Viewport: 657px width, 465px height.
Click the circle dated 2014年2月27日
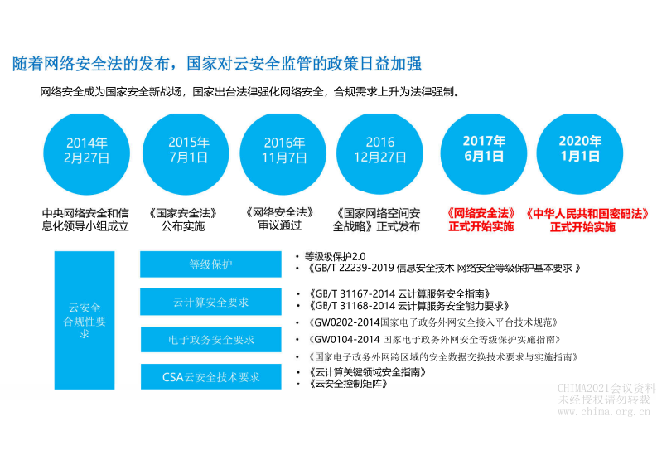(86, 150)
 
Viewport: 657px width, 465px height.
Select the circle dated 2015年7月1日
(187, 150)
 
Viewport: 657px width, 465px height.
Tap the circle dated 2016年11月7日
(283, 150)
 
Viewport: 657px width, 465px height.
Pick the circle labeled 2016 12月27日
(379, 150)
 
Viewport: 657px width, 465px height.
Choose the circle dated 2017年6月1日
(484, 150)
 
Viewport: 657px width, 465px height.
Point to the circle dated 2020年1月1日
(580, 150)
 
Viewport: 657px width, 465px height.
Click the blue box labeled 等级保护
(210, 264)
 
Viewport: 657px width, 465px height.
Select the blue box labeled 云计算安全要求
(210, 303)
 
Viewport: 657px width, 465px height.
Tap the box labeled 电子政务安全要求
(210, 340)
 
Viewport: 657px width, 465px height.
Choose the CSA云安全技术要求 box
(210, 377)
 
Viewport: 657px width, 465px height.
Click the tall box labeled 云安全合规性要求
(84, 320)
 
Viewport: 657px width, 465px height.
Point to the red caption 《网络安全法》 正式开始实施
(481, 220)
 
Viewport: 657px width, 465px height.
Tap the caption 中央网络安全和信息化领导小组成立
(85, 220)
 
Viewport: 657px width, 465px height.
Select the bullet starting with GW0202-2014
(434, 322)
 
